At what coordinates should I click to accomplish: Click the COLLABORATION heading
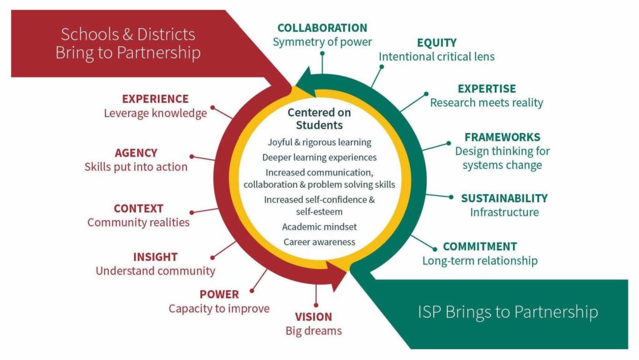[x=322, y=28]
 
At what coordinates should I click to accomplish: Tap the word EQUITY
[x=436, y=43]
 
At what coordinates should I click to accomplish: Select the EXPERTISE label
[x=487, y=89]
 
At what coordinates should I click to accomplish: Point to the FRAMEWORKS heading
[x=502, y=137]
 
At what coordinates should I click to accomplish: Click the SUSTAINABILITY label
[x=504, y=198]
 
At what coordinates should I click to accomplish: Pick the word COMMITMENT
[x=480, y=246]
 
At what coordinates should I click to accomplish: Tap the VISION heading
[x=313, y=317]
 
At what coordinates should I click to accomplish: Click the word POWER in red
[x=219, y=294]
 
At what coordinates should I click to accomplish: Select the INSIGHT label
[x=155, y=257]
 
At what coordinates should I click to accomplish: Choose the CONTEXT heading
[x=139, y=208]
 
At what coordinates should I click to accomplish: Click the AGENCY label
[x=136, y=153]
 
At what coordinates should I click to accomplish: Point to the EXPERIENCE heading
[x=155, y=99]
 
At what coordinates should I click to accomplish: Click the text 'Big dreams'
[x=313, y=331]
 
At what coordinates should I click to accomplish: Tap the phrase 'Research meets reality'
[x=486, y=102]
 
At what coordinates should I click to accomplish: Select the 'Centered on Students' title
[x=319, y=119]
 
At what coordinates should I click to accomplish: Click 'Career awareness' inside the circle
[x=319, y=241]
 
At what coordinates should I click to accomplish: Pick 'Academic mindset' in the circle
[x=319, y=226]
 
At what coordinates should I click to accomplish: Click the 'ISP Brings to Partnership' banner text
[x=507, y=312]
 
